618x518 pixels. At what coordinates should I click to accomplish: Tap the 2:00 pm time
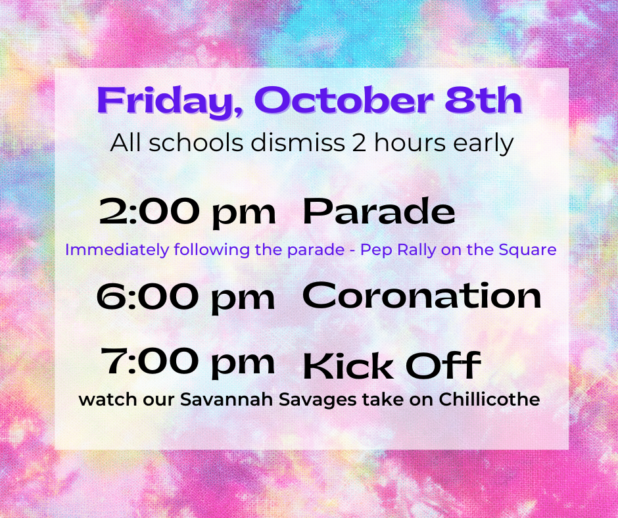187,212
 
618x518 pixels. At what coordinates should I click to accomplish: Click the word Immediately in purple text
117,250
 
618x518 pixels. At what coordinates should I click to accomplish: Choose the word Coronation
421,295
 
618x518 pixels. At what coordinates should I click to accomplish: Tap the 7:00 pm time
187,363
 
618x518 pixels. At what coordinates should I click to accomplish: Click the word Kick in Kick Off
348,365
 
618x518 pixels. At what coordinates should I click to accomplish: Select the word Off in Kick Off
443,365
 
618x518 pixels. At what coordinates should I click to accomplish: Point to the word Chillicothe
489,399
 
